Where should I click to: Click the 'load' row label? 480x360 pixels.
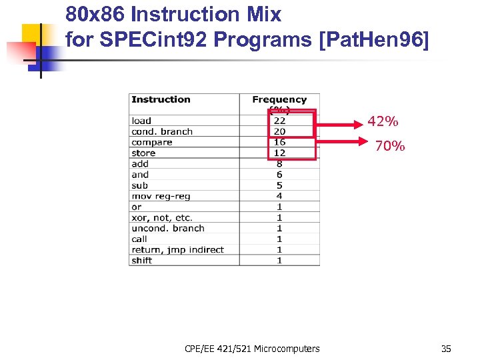click(141, 121)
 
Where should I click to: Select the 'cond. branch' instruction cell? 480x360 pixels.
click(162, 131)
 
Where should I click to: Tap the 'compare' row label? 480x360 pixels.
click(152, 142)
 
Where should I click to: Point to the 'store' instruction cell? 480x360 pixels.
click(143, 153)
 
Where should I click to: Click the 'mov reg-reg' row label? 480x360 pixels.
click(160, 196)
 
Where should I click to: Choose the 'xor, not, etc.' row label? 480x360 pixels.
click(162, 217)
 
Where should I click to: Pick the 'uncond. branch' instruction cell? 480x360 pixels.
click(168, 228)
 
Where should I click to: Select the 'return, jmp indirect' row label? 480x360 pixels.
click(177, 249)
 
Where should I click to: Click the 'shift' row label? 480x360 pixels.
click(142, 260)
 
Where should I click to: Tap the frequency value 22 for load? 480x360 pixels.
click(279, 121)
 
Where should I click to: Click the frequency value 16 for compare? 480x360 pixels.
click(279, 142)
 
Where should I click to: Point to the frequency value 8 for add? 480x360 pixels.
click(279, 163)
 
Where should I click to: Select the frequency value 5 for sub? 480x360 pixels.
click(279, 185)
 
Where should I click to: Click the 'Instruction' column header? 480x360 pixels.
click(161, 99)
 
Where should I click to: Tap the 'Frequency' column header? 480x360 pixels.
click(279, 100)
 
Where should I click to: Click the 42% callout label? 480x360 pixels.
click(383, 121)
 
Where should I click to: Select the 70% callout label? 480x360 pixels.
click(389, 146)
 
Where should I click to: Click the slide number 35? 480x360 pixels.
click(446, 348)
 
